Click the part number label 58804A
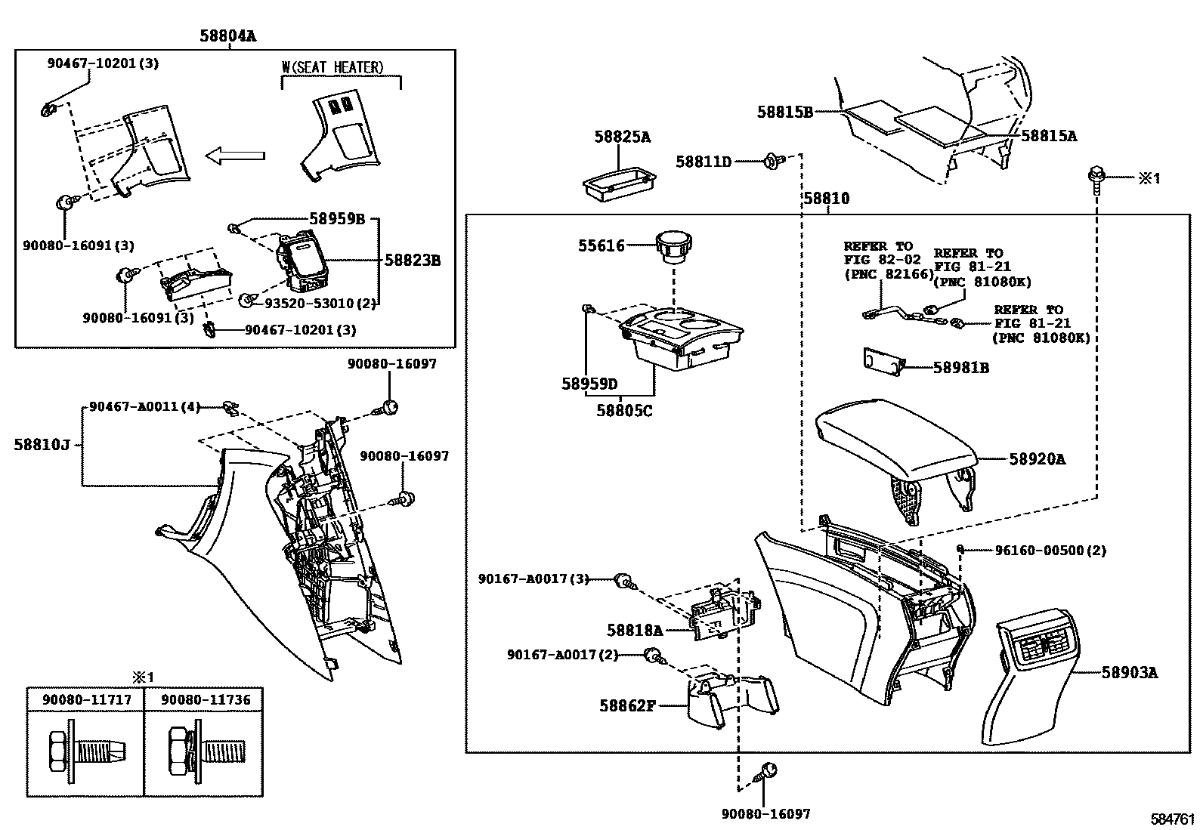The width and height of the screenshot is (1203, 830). [x=227, y=35]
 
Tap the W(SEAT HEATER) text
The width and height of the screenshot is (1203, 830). [x=332, y=68]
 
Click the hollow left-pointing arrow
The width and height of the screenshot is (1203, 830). [x=235, y=156]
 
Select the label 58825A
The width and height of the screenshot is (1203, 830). [x=622, y=137]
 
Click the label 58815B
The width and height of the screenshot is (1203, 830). [x=784, y=112]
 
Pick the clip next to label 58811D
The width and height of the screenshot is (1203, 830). [x=772, y=161]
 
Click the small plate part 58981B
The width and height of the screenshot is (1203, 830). [x=884, y=362]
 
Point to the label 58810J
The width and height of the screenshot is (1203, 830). [x=41, y=444]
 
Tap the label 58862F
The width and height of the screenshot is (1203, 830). [x=626, y=705]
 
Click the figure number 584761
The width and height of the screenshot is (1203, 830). [x=1172, y=819]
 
